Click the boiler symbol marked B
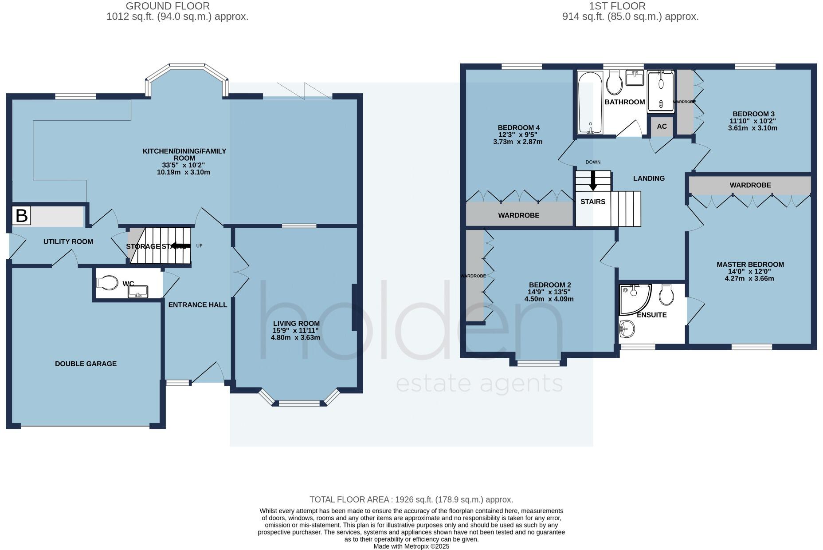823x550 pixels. click(21, 215)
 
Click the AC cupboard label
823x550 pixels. click(662, 127)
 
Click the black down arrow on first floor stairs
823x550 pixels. click(593, 181)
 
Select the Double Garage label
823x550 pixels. click(86, 364)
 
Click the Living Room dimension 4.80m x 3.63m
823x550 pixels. click(295, 337)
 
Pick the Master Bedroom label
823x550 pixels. click(750, 265)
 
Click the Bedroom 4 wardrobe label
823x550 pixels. click(518, 215)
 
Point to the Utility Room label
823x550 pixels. click(68, 241)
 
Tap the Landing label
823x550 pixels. click(649, 178)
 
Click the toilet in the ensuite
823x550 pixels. click(666, 295)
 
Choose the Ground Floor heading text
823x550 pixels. click(168, 6)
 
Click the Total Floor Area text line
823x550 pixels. click(411, 499)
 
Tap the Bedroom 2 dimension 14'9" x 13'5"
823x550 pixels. click(549, 292)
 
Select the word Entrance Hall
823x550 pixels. click(197, 305)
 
